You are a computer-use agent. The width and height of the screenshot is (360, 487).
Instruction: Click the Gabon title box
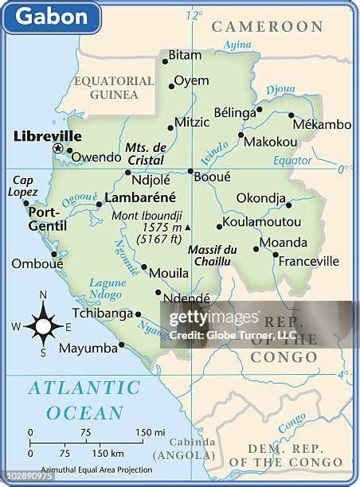[52, 17]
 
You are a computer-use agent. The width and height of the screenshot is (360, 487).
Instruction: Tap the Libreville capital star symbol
[57, 149]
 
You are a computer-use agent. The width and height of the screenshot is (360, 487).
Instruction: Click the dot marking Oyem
[171, 86]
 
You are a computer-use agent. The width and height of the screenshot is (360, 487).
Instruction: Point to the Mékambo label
[322, 124]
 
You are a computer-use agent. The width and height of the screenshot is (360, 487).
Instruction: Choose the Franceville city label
[309, 260]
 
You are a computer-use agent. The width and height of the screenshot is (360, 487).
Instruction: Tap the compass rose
[43, 325]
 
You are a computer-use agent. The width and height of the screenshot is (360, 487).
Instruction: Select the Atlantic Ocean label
[84, 400]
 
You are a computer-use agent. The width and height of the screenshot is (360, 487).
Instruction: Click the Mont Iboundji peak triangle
[187, 227]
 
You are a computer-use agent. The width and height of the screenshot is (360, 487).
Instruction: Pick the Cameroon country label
[268, 27]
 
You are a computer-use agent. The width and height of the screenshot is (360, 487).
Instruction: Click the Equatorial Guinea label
[114, 88]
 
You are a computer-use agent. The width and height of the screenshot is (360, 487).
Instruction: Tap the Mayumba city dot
[121, 345]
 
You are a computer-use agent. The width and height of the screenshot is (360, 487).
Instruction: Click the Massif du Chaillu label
[212, 256]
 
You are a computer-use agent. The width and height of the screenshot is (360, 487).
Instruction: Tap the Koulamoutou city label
[262, 222]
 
